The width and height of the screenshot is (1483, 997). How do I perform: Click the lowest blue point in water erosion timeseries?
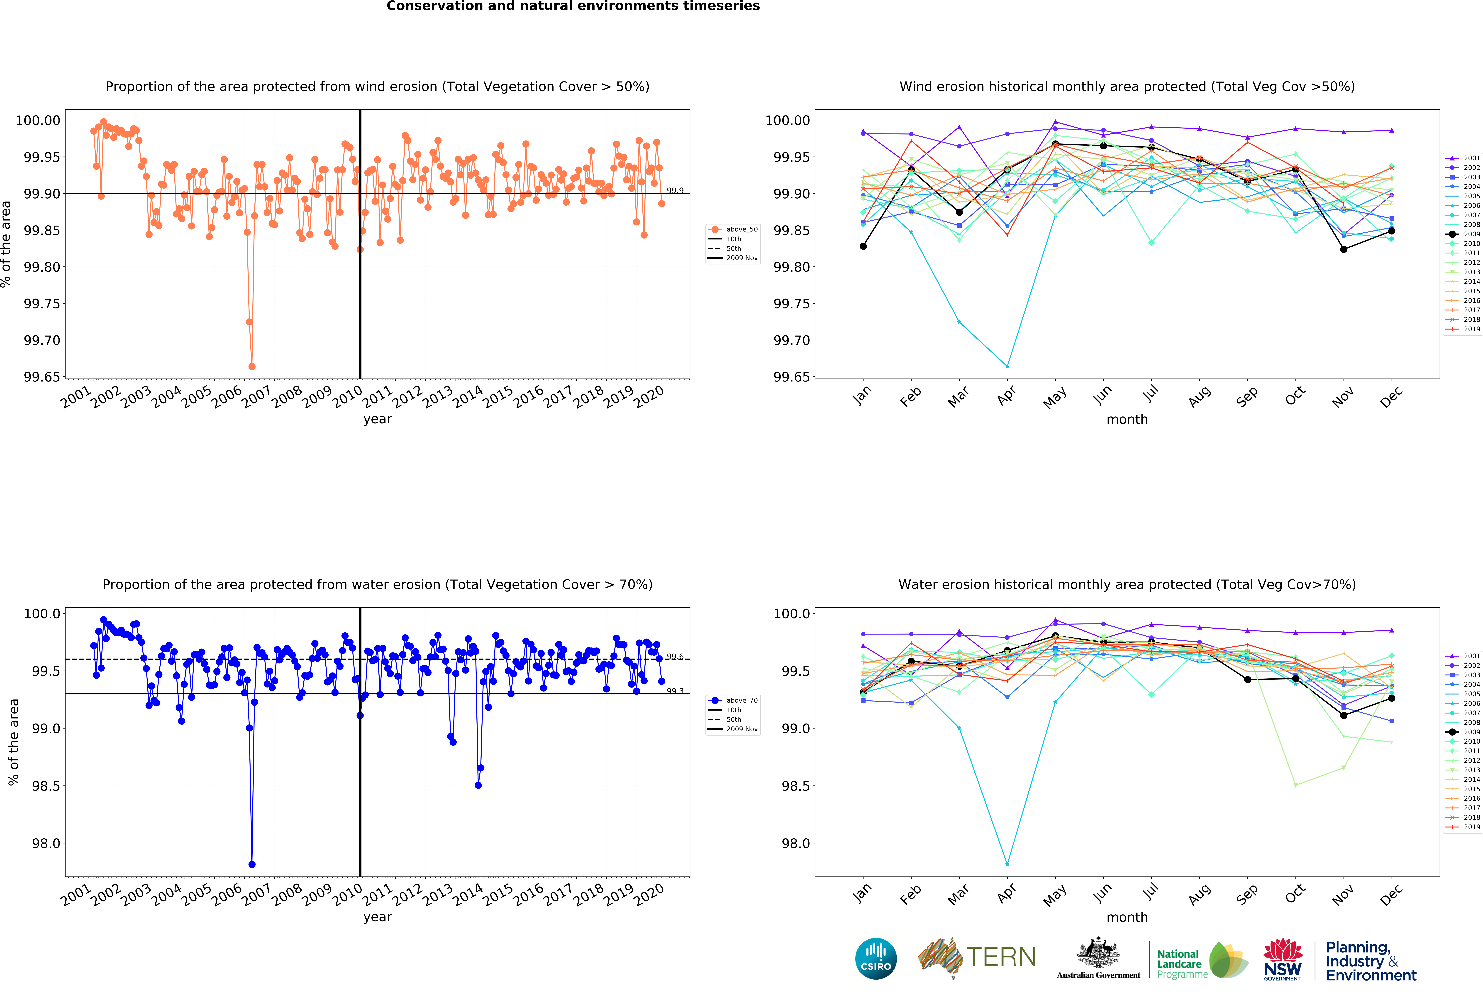252,864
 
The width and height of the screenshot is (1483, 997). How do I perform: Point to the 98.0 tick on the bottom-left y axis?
46,844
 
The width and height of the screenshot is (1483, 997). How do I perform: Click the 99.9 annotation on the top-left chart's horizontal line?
675,191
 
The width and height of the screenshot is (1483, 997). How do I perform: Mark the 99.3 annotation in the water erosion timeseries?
675,691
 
